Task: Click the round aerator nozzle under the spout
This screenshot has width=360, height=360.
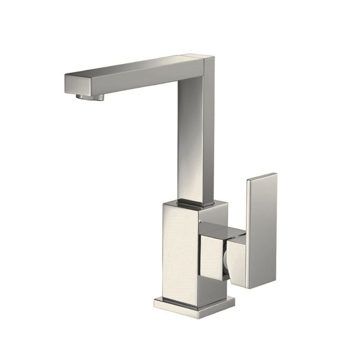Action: tap(90, 97)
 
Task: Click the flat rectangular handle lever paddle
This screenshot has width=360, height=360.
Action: tap(261, 229)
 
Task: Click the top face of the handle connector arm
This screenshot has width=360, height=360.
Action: tap(223, 230)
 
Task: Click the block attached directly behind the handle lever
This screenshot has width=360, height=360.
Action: tap(236, 261)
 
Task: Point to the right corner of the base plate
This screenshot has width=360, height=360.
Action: tap(234, 302)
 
